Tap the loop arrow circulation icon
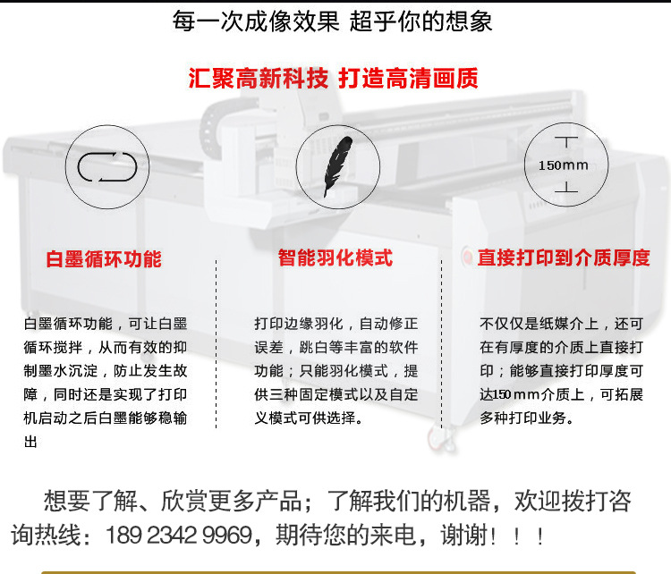(107, 166)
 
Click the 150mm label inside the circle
(563, 165)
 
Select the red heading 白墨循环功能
(104, 259)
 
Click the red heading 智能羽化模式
(335, 257)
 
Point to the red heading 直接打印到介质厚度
(564, 257)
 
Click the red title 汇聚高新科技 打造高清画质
(333, 79)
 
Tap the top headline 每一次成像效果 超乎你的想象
(333, 21)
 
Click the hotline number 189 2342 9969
(178, 535)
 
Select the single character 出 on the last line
(30, 442)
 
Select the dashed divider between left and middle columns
(217, 343)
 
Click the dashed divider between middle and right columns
(442, 343)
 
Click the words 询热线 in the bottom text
(46, 535)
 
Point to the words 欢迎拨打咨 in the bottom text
(573, 501)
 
